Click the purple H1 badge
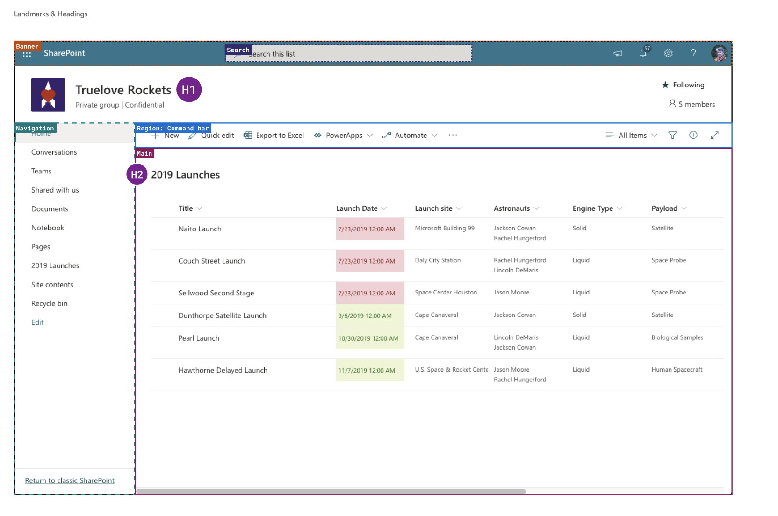188,90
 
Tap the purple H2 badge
137,175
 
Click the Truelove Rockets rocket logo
48,95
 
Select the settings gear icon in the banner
668,53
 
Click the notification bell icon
643,53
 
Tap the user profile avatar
719,53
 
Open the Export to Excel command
274,136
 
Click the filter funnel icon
672,136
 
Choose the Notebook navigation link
48,228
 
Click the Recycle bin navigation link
50,304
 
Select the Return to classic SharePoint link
70,481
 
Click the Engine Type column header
592,208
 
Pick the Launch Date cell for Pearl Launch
368,338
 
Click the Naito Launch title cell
200,229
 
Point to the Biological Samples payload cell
677,337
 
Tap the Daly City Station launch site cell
438,260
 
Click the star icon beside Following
665,85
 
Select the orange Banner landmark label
27,46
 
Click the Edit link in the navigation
37,322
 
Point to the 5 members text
697,104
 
